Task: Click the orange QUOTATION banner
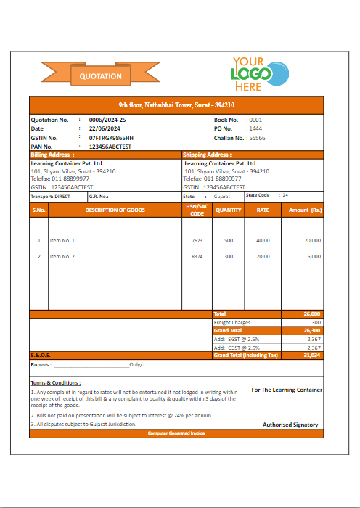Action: coord(101,75)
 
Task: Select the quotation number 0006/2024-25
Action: coord(107,120)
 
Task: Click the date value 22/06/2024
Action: coord(105,128)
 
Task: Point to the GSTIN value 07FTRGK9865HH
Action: coord(111,137)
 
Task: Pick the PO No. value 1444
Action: coord(255,128)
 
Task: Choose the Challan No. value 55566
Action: coord(257,137)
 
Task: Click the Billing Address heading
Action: coord(50,155)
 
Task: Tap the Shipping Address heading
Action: coord(207,155)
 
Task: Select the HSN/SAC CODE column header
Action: coord(197,210)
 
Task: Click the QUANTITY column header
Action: coord(229,210)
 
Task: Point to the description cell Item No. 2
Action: coord(62,257)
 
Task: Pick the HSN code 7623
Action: coord(197,240)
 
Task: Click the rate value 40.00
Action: coord(263,240)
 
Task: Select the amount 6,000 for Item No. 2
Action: coord(314,257)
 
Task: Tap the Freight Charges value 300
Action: coord(316,322)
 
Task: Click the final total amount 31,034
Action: coord(312,356)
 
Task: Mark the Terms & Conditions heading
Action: coord(56,382)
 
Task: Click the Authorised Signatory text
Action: coord(290,425)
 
